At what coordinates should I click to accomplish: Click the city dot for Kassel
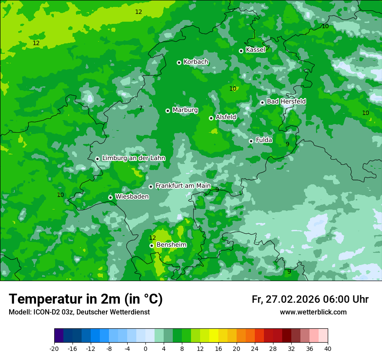click(x=241, y=51)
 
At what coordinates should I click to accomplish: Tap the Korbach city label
click(x=196, y=62)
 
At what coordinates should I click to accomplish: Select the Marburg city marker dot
click(x=168, y=111)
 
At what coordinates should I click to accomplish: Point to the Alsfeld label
click(x=226, y=117)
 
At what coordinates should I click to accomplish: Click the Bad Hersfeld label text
click(x=286, y=101)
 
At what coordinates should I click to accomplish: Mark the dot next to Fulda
click(x=251, y=141)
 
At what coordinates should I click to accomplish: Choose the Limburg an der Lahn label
click(x=133, y=158)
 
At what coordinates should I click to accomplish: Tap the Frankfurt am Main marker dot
click(x=151, y=187)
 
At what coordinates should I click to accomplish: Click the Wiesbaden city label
click(x=132, y=196)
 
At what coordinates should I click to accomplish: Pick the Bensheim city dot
click(x=151, y=245)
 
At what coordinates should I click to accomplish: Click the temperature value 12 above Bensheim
click(x=152, y=238)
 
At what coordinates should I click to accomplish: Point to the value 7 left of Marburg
click(x=141, y=108)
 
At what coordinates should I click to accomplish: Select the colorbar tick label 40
click(x=327, y=348)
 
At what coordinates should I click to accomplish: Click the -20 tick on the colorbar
click(x=54, y=348)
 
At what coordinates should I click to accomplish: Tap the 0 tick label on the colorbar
click(x=145, y=348)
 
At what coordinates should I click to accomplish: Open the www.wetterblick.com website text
click(x=313, y=312)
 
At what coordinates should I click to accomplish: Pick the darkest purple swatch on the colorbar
click(x=59, y=336)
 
